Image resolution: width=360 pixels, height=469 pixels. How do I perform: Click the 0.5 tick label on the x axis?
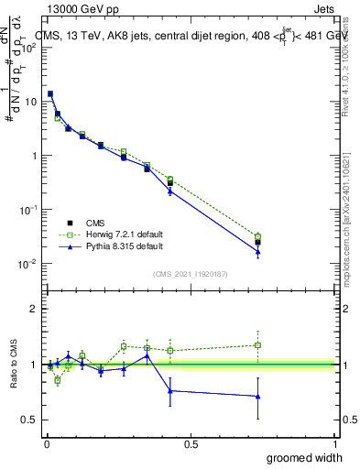191,443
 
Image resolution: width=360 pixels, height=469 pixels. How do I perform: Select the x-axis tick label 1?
333,443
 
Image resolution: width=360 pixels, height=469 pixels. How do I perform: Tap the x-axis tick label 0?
47,443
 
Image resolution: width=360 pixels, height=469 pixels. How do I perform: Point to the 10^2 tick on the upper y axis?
30,48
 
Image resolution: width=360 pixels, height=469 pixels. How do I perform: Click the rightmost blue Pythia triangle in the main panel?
258,252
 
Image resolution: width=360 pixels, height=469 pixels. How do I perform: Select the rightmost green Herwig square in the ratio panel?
258,345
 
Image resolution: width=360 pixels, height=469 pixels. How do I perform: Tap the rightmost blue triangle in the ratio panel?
258,397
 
